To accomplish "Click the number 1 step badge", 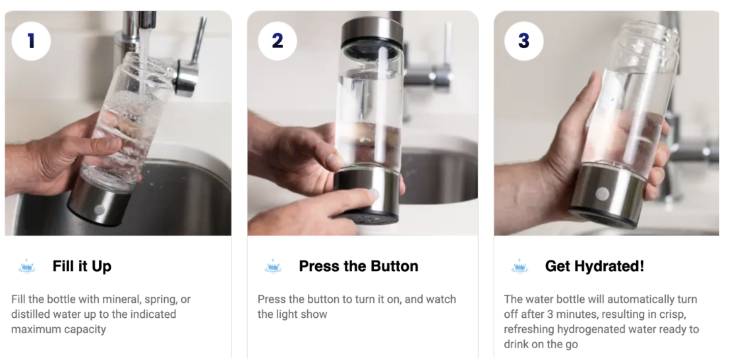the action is click(31, 41).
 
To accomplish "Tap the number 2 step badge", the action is click(278, 41).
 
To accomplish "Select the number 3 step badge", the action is click(523, 41).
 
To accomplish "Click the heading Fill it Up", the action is click(82, 266).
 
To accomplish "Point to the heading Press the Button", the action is click(358, 266).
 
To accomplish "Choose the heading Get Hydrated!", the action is click(595, 266).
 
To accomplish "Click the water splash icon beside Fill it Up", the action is click(27, 266).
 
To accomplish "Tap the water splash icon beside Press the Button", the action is click(273, 266).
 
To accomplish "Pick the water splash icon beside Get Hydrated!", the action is click(520, 266).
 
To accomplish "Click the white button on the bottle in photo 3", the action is click(602, 194).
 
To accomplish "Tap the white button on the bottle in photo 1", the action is click(100, 210).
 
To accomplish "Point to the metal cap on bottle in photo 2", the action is click(372, 32).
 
